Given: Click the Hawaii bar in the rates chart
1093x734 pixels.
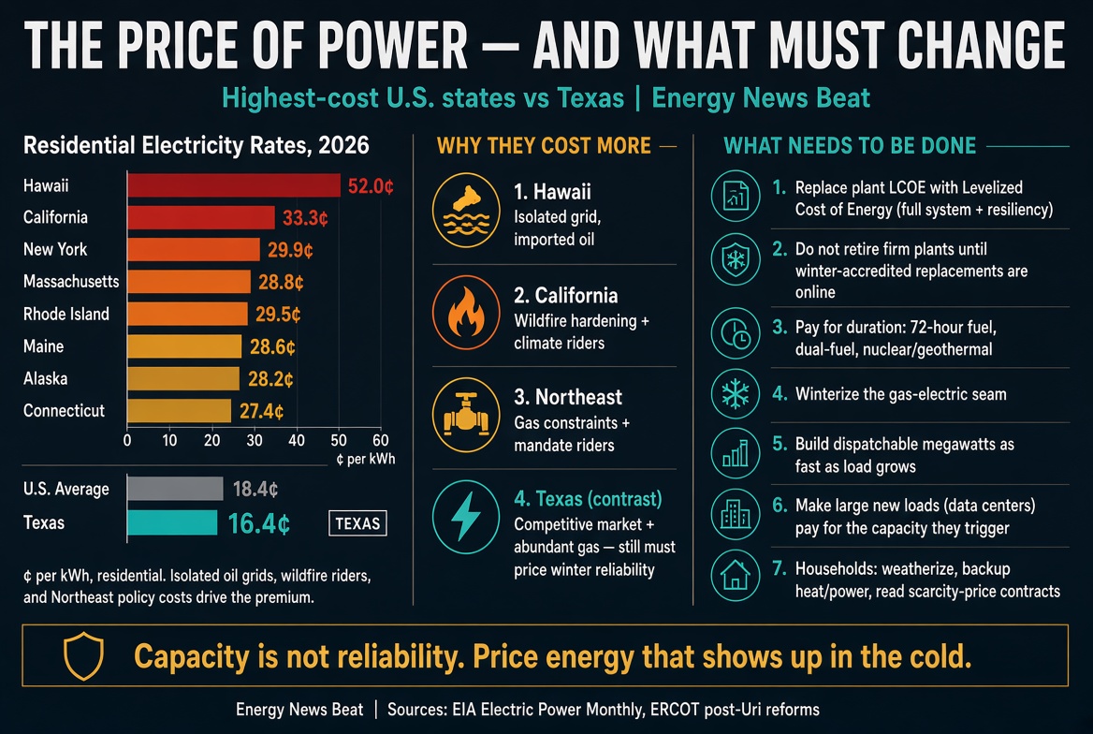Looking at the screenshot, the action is pyautogui.click(x=234, y=185).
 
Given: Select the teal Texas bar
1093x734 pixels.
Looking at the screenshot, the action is pyautogui.click(x=172, y=522).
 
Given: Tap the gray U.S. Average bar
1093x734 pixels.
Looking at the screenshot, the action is pyautogui.click(x=175, y=489).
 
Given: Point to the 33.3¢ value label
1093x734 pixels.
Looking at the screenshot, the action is pyautogui.click(x=305, y=218).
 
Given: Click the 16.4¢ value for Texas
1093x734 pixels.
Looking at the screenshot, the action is pyautogui.click(x=258, y=523).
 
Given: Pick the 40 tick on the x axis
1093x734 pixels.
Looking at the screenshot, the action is pyautogui.click(x=297, y=440).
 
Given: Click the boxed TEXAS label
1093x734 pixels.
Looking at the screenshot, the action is pyautogui.click(x=357, y=523).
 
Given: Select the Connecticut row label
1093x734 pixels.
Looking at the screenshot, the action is pyautogui.click(x=64, y=410).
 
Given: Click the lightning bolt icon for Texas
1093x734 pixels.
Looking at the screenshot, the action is pyautogui.click(x=466, y=517).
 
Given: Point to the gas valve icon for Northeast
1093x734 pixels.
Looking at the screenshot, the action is pyautogui.click(x=466, y=415).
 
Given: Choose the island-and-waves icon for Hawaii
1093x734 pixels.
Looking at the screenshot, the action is pyautogui.click(x=466, y=210).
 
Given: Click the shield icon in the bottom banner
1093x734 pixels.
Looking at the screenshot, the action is pyautogui.click(x=83, y=656).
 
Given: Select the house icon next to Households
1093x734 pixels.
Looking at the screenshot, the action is pyautogui.click(x=736, y=577).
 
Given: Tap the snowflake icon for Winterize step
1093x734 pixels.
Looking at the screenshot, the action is pyautogui.click(x=736, y=393).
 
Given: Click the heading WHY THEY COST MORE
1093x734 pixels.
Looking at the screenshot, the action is pyautogui.click(x=544, y=146).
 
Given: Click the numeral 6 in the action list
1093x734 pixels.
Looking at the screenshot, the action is pyautogui.click(x=780, y=506).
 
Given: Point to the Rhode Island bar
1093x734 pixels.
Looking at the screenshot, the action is pyautogui.click(x=187, y=314).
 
